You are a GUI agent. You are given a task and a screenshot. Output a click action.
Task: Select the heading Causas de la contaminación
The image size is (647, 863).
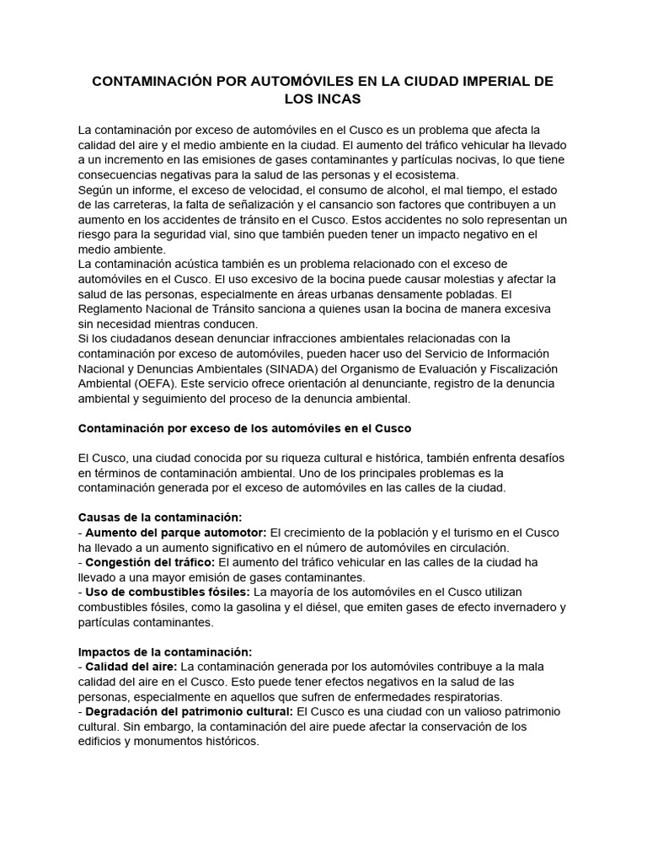160,517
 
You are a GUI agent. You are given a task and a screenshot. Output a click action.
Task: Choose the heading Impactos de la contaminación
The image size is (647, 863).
165,651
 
